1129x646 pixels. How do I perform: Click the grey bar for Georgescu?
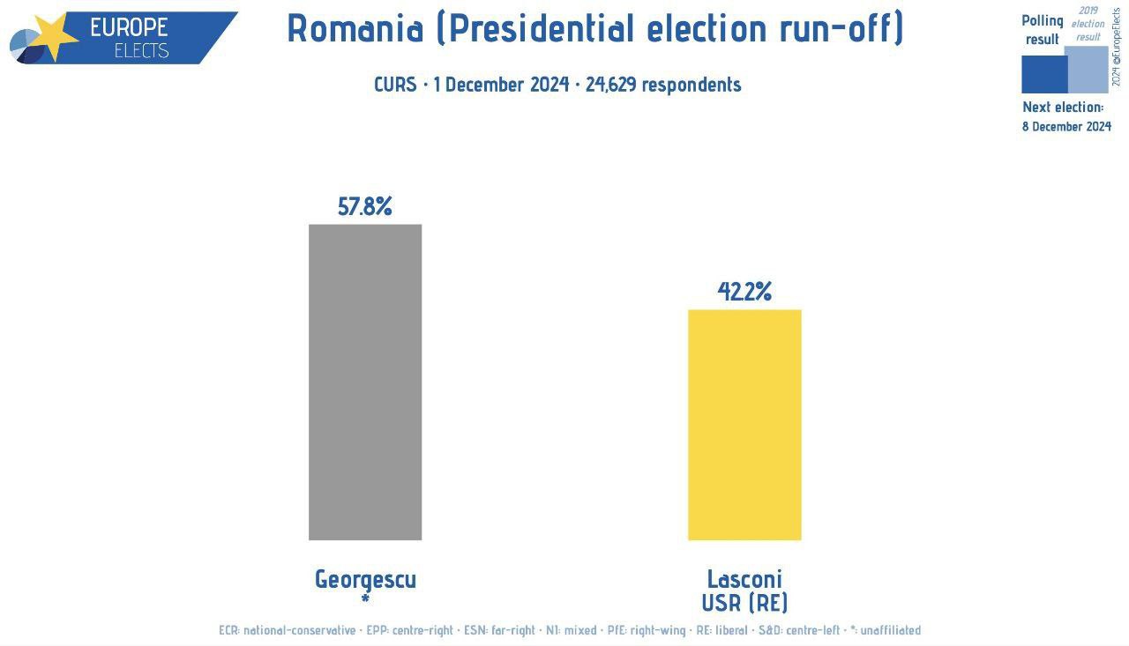click(365, 382)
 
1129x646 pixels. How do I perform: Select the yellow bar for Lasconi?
click(744, 424)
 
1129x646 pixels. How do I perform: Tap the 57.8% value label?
click(365, 207)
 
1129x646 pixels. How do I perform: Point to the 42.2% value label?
click(744, 292)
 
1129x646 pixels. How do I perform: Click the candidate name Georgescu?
click(365, 579)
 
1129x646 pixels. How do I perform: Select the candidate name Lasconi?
click(744, 579)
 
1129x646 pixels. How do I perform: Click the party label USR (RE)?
click(744, 603)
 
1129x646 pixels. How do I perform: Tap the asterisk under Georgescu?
click(365, 598)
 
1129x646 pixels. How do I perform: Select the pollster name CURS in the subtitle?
click(395, 85)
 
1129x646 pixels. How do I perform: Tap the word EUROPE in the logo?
click(129, 27)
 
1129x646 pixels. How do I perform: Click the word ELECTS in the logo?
click(141, 50)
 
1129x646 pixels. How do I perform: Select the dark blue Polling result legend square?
click(1044, 74)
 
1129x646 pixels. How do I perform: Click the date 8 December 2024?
click(1066, 126)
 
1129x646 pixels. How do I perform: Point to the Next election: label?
click(1063, 107)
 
